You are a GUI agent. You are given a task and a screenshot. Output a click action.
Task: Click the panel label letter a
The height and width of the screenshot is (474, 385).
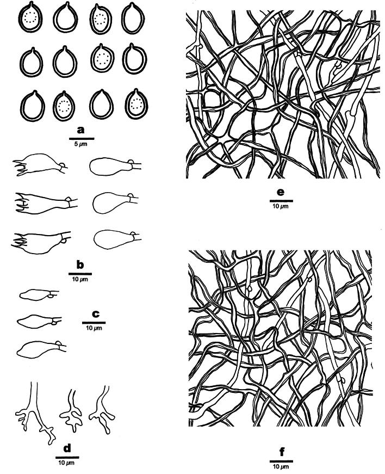tap(82, 130)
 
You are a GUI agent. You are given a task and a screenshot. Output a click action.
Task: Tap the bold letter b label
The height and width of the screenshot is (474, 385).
tap(80, 265)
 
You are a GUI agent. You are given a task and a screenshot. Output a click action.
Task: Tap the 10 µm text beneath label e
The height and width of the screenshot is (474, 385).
tap(281, 207)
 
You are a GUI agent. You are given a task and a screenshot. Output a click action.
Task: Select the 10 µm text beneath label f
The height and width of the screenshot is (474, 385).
tap(281, 467)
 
